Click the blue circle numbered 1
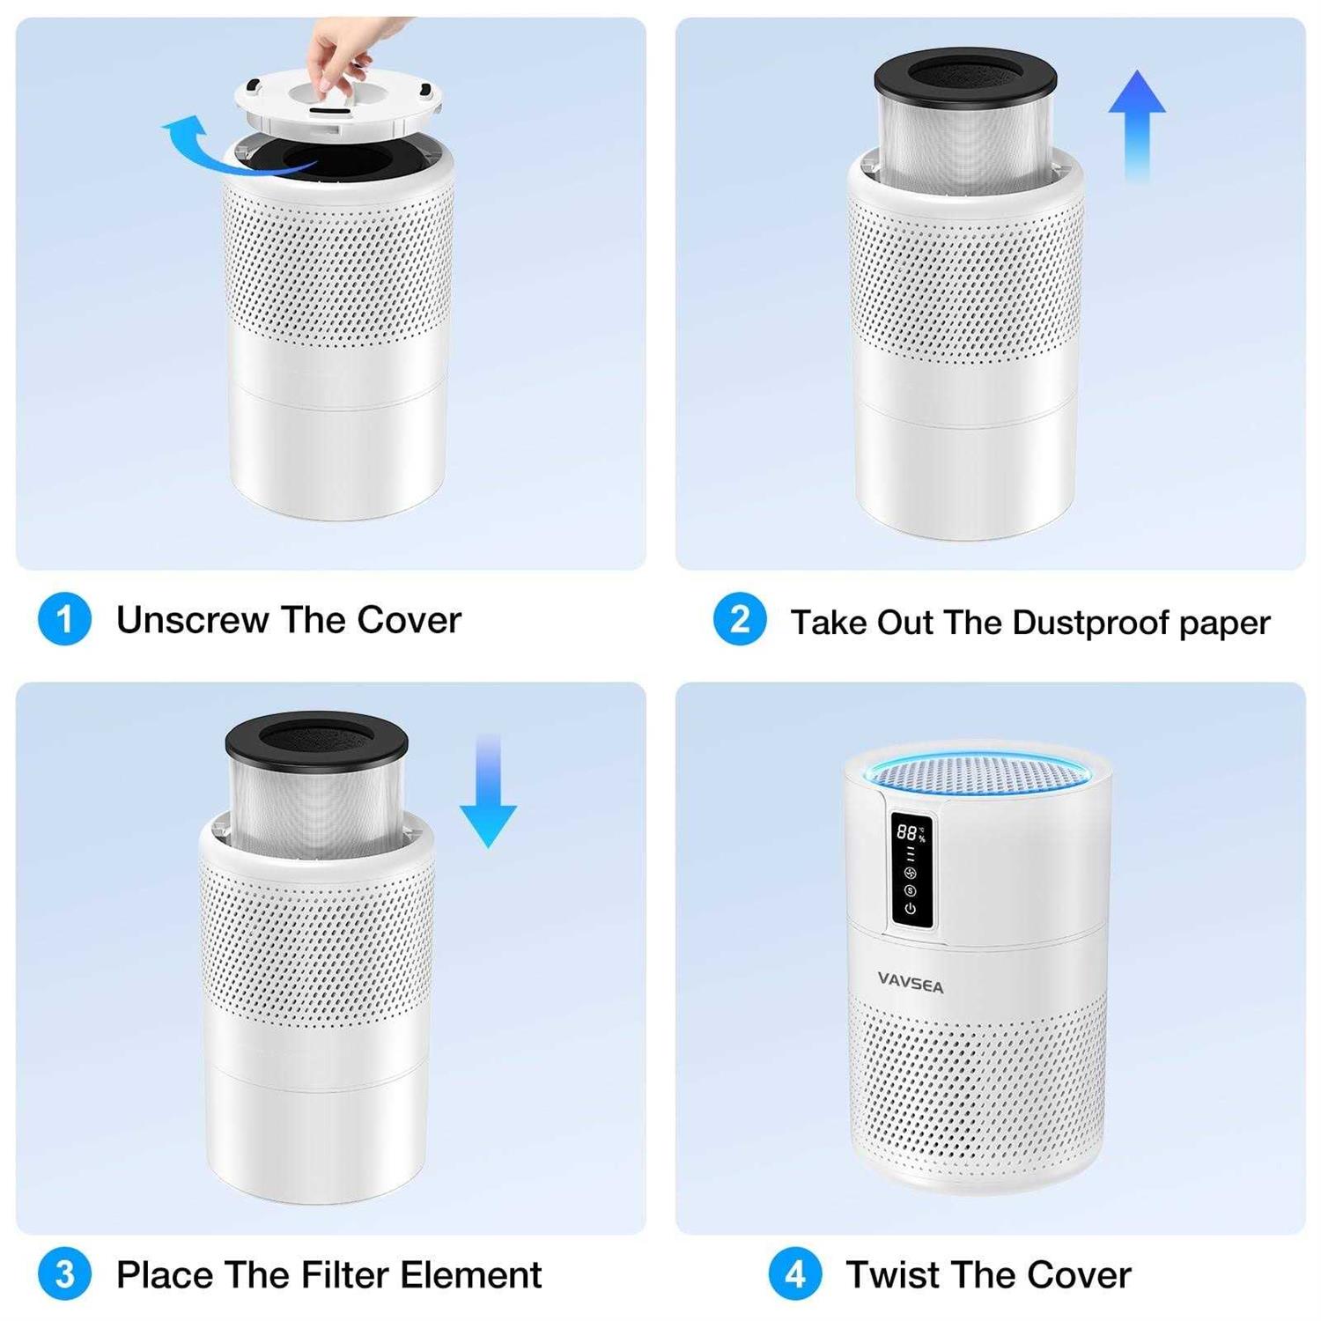click(64, 619)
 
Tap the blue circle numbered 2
click(740, 619)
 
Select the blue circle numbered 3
click(64, 1274)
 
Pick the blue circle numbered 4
click(795, 1274)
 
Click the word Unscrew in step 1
click(193, 620)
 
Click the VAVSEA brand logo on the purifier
click(911, 983)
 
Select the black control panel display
click(911, 869)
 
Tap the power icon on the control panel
click(910, 908)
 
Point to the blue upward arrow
click(1137, 125)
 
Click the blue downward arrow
click(488, 791)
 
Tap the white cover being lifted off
click(338, 104)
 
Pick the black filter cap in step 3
click(316, 740)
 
